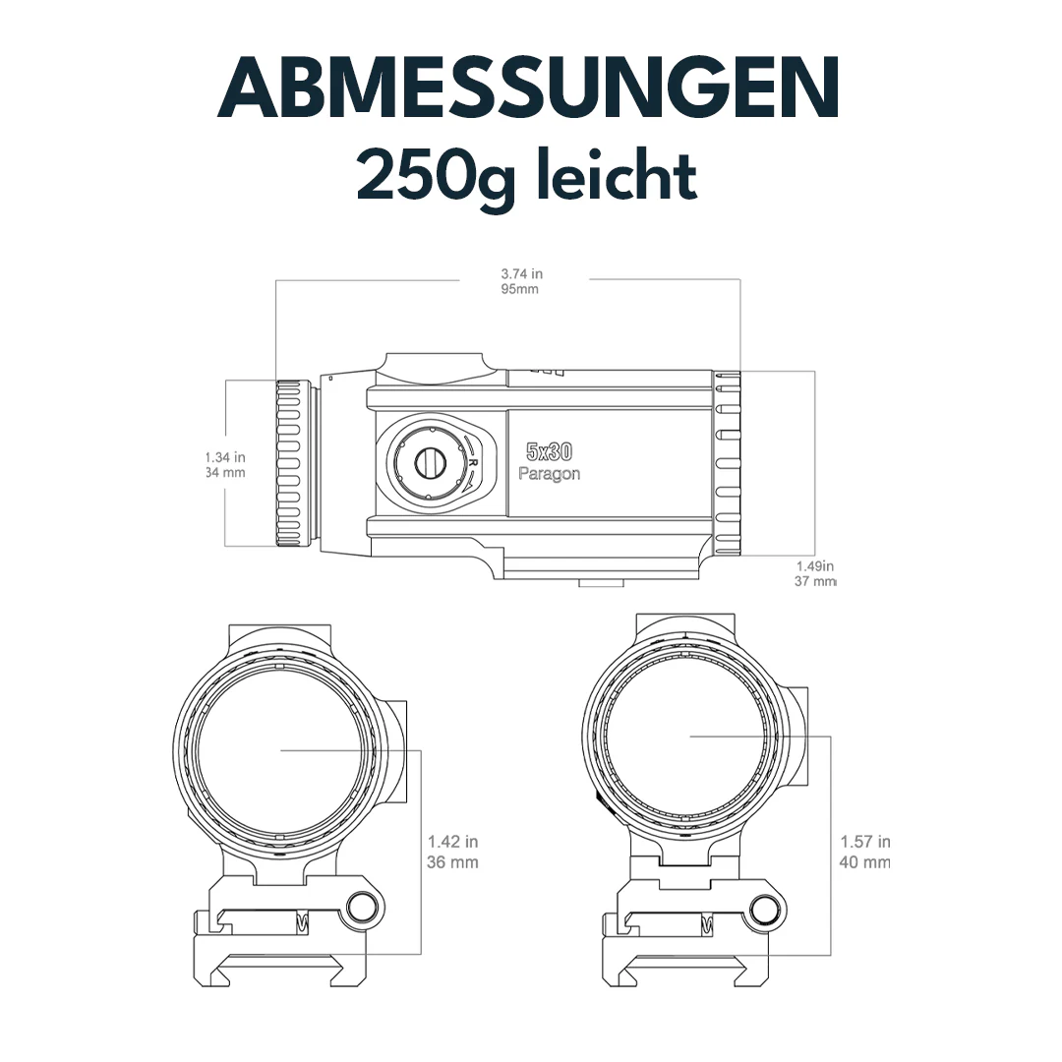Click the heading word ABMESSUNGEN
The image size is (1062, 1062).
coord(529,88)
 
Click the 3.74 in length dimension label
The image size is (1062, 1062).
coord(521,273)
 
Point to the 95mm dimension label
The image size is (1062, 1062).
coord(520,290)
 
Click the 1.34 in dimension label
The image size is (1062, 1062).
coord(225,457)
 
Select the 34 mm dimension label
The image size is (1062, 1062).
coord(225,473)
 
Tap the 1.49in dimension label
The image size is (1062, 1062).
coord(814,565)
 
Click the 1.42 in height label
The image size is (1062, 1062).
coord(453,842)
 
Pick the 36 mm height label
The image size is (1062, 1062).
coord(453,862)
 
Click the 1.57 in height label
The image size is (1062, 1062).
coord(865,842)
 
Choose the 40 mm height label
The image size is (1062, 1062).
coord(865,862)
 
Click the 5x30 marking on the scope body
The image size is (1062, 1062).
coord(549,452)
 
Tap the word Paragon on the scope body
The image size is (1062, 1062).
coord(549,473)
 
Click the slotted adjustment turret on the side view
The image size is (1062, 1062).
coord(429,460)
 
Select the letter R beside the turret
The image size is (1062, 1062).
coord(473,461)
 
